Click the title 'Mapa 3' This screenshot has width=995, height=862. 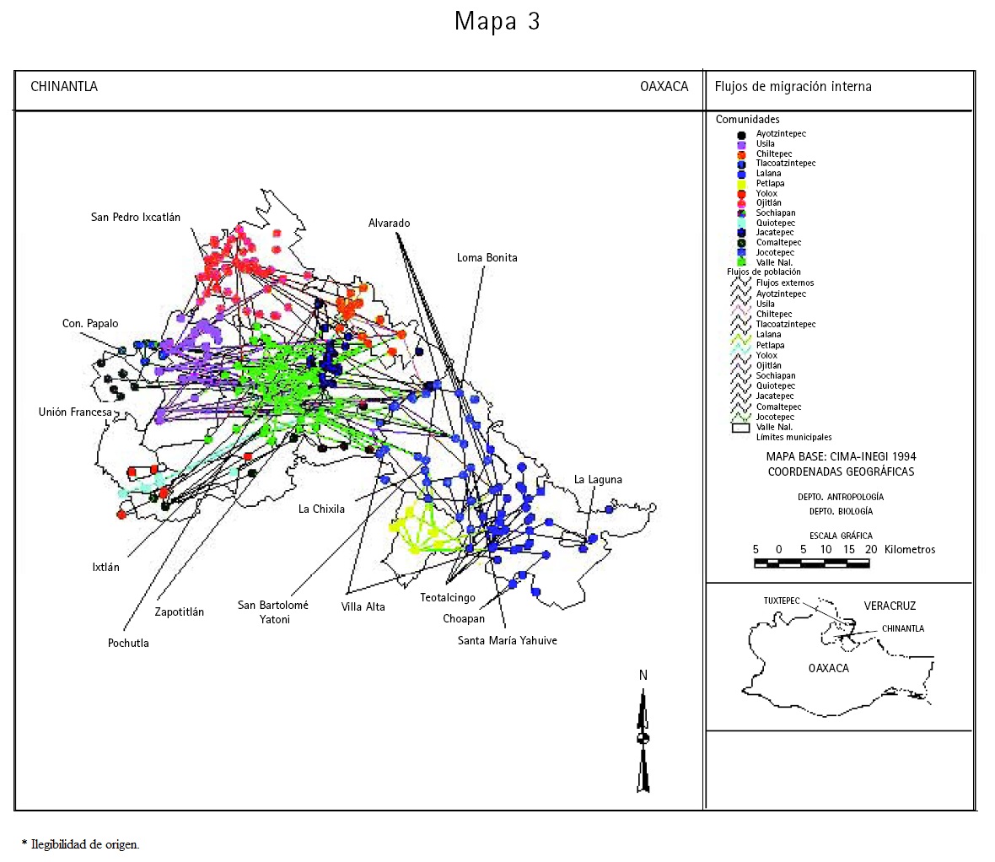[x=497, y=21]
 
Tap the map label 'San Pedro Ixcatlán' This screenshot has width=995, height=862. [x=136, y=218]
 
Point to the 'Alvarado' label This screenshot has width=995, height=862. [x=389, y=224]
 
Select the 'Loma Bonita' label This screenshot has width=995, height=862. [x=487, y=258]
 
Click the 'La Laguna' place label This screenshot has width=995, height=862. [x=598, y=480]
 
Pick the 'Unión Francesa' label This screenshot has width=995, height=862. [x=75, y=412]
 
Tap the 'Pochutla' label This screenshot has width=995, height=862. [x=128, y=644]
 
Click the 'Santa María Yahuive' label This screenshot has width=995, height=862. [x=507, y=641]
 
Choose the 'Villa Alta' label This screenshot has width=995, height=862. [x=363, y=607]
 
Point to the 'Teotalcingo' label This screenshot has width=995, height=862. [x=448, y=598]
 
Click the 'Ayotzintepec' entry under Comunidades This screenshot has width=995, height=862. [x=781, y=134]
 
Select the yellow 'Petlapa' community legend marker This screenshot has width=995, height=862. [x=741, y=184]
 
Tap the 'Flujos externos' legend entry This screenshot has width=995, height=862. [x=784, y=283]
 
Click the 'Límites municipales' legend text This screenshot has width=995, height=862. [x=793, y=438]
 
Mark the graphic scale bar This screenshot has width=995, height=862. [x=811, y=563]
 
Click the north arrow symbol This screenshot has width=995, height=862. [x=643, y=740]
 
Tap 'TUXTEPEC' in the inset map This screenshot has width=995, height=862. [x=781, y=601]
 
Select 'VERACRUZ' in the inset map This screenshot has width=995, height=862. [x=890, y=606]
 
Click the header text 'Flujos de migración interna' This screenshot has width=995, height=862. [x=793, y=87]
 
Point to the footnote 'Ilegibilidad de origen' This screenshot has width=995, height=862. [x=84, y=844]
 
